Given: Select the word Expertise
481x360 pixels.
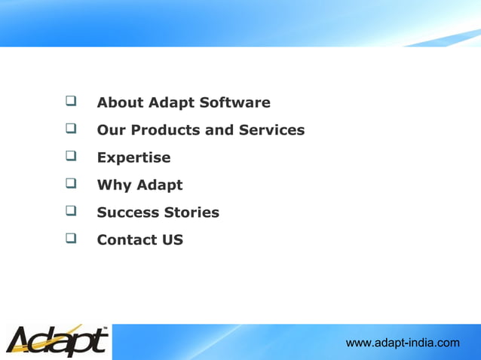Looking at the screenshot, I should (x=133, y=158).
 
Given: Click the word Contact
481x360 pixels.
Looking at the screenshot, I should (x=126, y=240).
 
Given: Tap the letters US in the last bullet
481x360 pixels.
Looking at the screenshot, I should (x=172, y=240).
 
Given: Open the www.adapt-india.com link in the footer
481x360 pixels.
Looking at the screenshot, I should (x=402, y=343).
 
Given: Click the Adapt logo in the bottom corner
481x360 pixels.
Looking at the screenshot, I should (x=57, y=341).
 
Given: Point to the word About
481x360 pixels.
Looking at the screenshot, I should (x=120, y=102).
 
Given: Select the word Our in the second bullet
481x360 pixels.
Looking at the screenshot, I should (x=112, y=130).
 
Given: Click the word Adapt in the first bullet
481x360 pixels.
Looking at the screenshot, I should (x=171, y=103).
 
